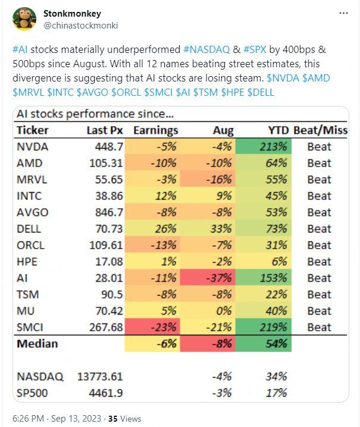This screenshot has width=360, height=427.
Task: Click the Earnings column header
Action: [155, 130]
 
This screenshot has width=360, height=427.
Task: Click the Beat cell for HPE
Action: [319, 261]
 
